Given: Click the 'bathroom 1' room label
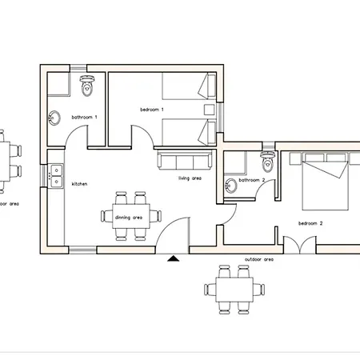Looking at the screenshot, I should coord(84,118).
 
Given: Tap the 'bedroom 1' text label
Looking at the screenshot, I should coord(151,109).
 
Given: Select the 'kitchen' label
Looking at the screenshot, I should coord(79,184).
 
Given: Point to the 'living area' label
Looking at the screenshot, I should coord(190,178).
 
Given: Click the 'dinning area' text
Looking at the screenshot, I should coord(128,218).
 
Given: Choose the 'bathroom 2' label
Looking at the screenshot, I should coord(251,181).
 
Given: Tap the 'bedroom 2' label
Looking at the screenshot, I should coord(310,223).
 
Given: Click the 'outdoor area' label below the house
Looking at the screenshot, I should coord(258,260).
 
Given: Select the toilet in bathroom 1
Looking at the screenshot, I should coord(88,81).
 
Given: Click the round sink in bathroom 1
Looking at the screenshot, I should coord(54,118).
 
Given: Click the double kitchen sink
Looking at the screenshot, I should coord(55,176).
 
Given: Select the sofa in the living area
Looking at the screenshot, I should coord(184,160).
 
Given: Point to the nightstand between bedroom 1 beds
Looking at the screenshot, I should coord(209,110).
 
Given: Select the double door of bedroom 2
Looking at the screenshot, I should coord(296,244).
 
